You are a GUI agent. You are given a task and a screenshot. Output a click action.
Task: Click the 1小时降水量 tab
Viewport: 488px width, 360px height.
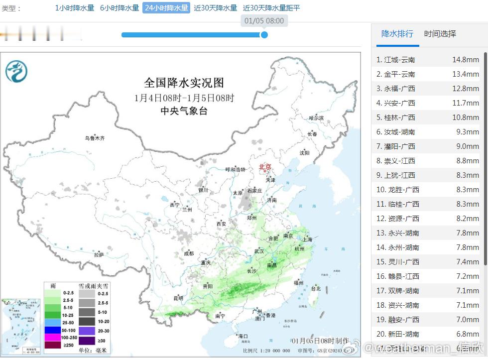click(x=74, y=8)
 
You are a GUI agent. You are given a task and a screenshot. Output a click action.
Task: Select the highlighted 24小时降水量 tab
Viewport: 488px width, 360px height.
click(x=166, y=8)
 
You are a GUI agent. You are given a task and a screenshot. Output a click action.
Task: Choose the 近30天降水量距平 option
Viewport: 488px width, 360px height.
click(x=271, y=8)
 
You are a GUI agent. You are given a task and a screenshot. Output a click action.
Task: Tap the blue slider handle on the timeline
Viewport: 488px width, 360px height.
click(x=264, y=35)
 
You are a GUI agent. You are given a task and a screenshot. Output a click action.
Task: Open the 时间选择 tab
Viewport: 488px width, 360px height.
click(x=440, y=34)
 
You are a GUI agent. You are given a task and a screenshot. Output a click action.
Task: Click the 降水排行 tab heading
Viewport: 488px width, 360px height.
click(x=397, y=34)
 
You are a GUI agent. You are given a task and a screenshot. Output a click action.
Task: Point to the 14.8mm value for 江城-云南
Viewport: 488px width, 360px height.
click(x=465, y=60)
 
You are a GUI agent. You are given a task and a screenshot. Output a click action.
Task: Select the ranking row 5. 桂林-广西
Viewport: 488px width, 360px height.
click(x=427, y=118)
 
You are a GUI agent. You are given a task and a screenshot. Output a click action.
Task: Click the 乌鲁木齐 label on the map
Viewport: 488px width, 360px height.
click(x=95, y=138)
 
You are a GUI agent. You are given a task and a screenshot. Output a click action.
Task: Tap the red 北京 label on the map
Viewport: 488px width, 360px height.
click(x=265, y=167)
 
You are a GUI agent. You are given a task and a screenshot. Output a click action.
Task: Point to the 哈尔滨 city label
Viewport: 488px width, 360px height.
click(x=316, y=118)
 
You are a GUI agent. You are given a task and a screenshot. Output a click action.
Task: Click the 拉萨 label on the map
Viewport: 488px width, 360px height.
click(x=99, y=254)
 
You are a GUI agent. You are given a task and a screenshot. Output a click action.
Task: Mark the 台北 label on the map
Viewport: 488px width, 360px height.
click(x=316, y=288)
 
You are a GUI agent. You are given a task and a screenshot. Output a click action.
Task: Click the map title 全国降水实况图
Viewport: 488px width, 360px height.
click(x=184, y=83)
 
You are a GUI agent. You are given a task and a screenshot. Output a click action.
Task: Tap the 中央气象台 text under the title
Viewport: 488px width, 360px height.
click(x=184, y=111)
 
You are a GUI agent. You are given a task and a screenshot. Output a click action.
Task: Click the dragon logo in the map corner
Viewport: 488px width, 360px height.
click(x=16, y=72)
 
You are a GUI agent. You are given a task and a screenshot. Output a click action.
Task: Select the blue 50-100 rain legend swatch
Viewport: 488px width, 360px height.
click(x=52, y=331)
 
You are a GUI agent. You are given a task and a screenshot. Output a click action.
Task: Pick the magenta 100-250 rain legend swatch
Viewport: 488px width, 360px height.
click(x=52, y=338)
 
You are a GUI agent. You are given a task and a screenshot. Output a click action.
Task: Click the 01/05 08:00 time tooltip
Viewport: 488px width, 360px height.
click(x=264, y=21)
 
